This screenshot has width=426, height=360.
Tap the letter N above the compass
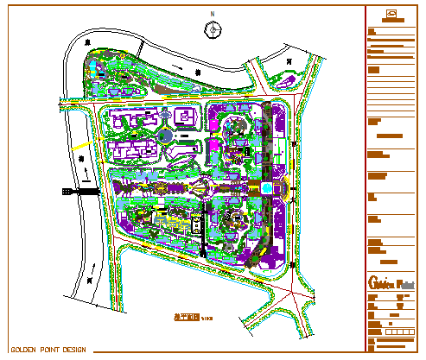tap(213, 16)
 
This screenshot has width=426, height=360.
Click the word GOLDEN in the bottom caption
tap(23, 350)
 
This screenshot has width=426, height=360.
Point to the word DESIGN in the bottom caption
tap(76, 350)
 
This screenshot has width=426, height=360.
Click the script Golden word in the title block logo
tap(381, 283)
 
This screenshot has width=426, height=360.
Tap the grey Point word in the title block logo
tap(405, 284)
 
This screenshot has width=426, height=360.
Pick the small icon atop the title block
tap(391, 14)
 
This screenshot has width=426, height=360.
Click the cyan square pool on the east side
tap(267, 187)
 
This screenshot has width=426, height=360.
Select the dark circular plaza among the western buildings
tap(165, 136)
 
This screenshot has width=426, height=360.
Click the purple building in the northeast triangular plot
tap(283, 82)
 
